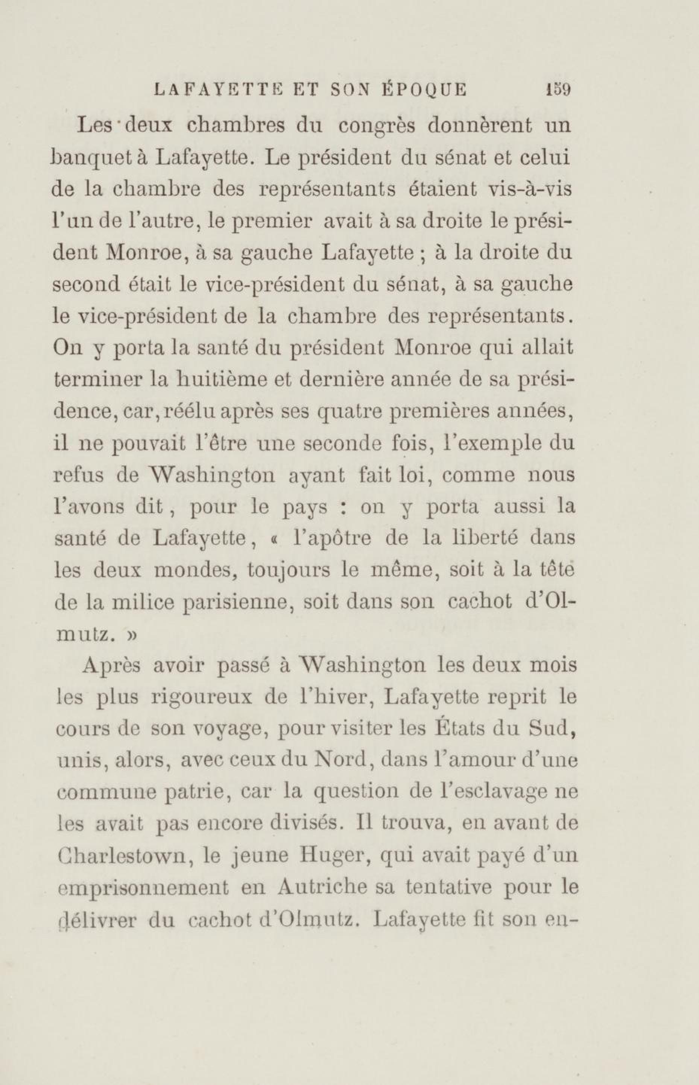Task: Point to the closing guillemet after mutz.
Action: click(x=132, y=635)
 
